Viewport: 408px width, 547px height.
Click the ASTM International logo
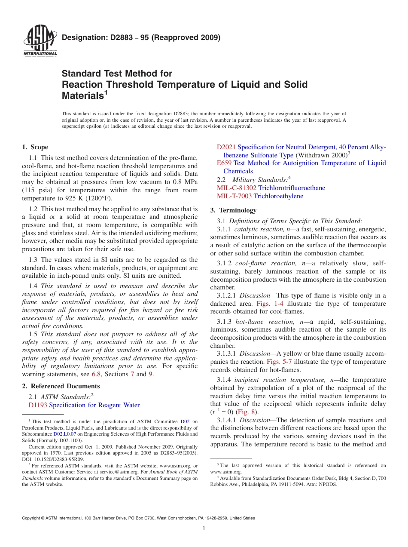coord(40,41)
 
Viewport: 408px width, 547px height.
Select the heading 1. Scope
coord(35,147)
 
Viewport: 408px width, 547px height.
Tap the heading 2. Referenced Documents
coord(61,386)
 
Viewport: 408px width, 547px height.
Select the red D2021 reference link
coord(226,147)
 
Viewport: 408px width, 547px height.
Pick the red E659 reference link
coord(224,163)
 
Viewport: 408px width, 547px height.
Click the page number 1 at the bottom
coord(204,529)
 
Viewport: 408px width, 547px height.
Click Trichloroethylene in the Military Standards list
coord(278,196)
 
